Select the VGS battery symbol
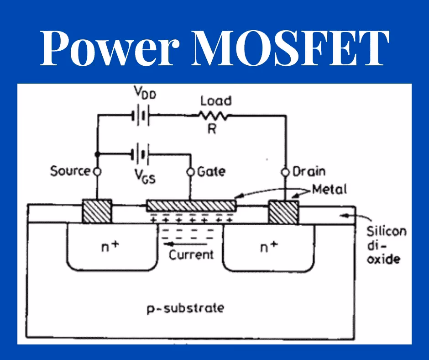coord(140,154)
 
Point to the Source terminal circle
coord(97,172)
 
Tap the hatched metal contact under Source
coord(97,212)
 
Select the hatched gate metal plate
coord(191,206)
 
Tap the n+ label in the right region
coord(269,247)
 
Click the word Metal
coord(329,188)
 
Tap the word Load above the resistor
coord(216,100)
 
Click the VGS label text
coord(145,176)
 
